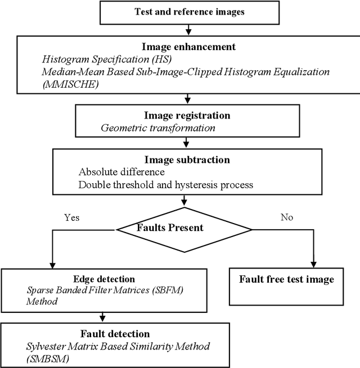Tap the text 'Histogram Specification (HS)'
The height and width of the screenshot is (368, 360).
[x=96, y=59]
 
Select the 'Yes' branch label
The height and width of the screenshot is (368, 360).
[x=72, y=218]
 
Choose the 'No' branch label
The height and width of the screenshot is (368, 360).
[x=287, y=217]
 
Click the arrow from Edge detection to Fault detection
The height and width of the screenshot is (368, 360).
[x=102, y=315]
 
